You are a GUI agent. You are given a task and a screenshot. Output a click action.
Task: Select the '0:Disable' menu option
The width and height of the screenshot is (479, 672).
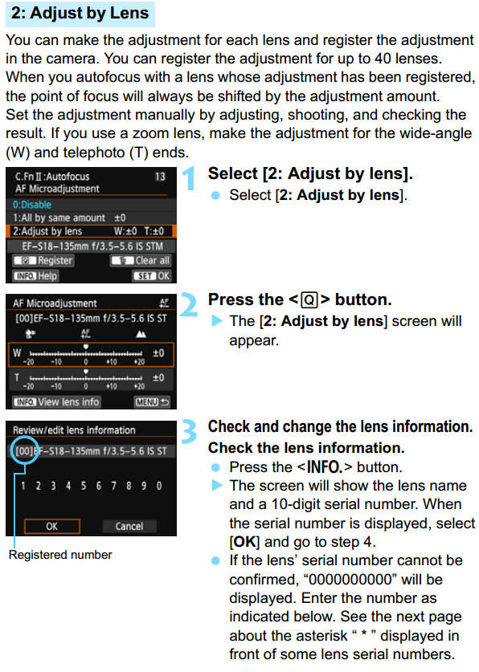pyautogui.click(x=33, y=203)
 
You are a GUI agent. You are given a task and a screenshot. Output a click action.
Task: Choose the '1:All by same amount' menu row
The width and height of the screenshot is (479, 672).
pyautogui.click(x=60, y=218)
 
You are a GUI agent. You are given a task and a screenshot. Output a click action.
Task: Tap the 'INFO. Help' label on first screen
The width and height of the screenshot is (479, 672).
pyautogui.click(x=35, y=275)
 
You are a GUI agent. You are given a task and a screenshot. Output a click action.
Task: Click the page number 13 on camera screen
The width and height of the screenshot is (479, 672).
pyautogui.click(x=159, y=176)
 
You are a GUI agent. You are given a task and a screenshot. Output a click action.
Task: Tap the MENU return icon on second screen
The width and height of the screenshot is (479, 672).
pyautogui.click(x=152, y=401)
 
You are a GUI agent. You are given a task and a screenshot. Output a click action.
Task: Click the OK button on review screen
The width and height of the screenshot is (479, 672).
pyautogui.click(x=51, y=527)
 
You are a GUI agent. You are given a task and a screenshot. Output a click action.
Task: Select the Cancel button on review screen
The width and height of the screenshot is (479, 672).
pyautogui.click(x=129, y=527)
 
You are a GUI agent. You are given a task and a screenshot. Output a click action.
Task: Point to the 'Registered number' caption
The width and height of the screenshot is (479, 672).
pyautogui.click(x=60, y=555)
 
